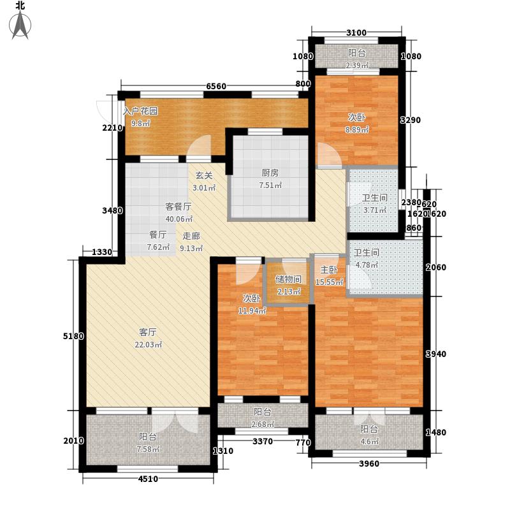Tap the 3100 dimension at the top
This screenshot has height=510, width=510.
[x=356, y=33]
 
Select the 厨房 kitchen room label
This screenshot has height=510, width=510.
[x=270, y=173]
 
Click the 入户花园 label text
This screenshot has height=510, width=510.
[x=140, y=110]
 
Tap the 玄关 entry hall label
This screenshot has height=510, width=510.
[x=203, y=175]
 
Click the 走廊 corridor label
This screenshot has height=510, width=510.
[x=192, y=235]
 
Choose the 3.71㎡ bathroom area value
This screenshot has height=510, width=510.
[x=370, y=209]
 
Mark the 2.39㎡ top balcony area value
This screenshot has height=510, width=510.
[x=357, y=64]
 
